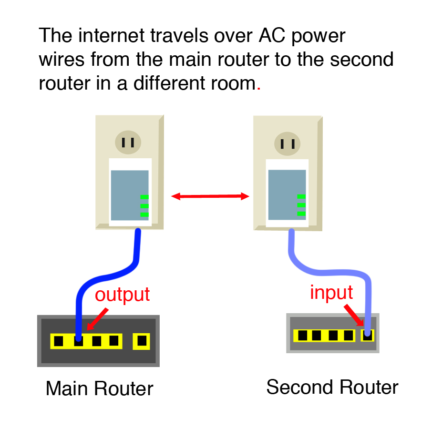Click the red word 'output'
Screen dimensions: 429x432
tap(122, 295)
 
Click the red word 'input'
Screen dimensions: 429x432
tap(331, 292)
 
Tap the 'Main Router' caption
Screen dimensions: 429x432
tap(99, 388)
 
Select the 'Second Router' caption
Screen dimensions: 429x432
tap(332, 387)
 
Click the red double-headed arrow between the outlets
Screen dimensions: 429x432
tap(210, 196)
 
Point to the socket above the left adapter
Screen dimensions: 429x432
tap(128, 142)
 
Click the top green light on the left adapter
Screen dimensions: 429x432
tap(144, 197)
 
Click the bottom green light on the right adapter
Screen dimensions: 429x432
tap(301, 214)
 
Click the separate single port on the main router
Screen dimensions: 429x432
tap(142, 341)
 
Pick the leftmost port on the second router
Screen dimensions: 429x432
tap(302, 336)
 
